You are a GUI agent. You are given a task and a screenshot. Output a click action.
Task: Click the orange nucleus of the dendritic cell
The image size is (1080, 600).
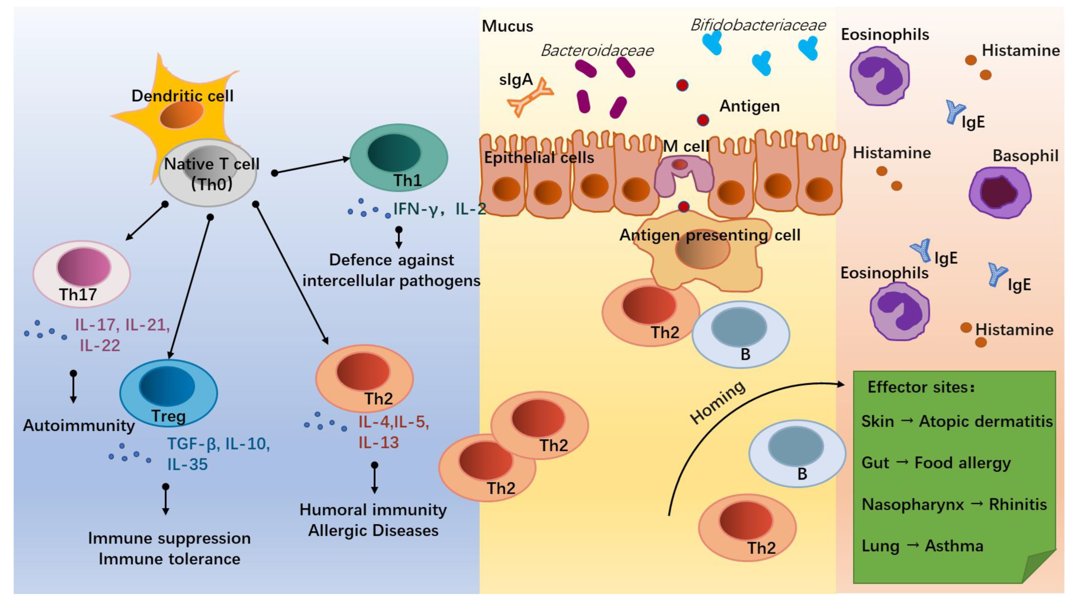click(181, 114)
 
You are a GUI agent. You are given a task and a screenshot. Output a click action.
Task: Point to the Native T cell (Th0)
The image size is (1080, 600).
click(208, 173)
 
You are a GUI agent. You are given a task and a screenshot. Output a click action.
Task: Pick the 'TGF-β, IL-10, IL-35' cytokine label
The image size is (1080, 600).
click(218, 454)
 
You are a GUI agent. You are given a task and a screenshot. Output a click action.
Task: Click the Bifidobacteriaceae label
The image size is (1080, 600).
click(758, 25)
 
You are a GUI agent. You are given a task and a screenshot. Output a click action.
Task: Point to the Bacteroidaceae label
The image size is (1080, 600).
click(597, 51)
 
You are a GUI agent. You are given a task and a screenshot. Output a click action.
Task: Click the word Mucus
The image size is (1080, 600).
click(507, 26)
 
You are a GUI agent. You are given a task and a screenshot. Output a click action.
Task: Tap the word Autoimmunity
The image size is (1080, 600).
click(79, 426)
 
